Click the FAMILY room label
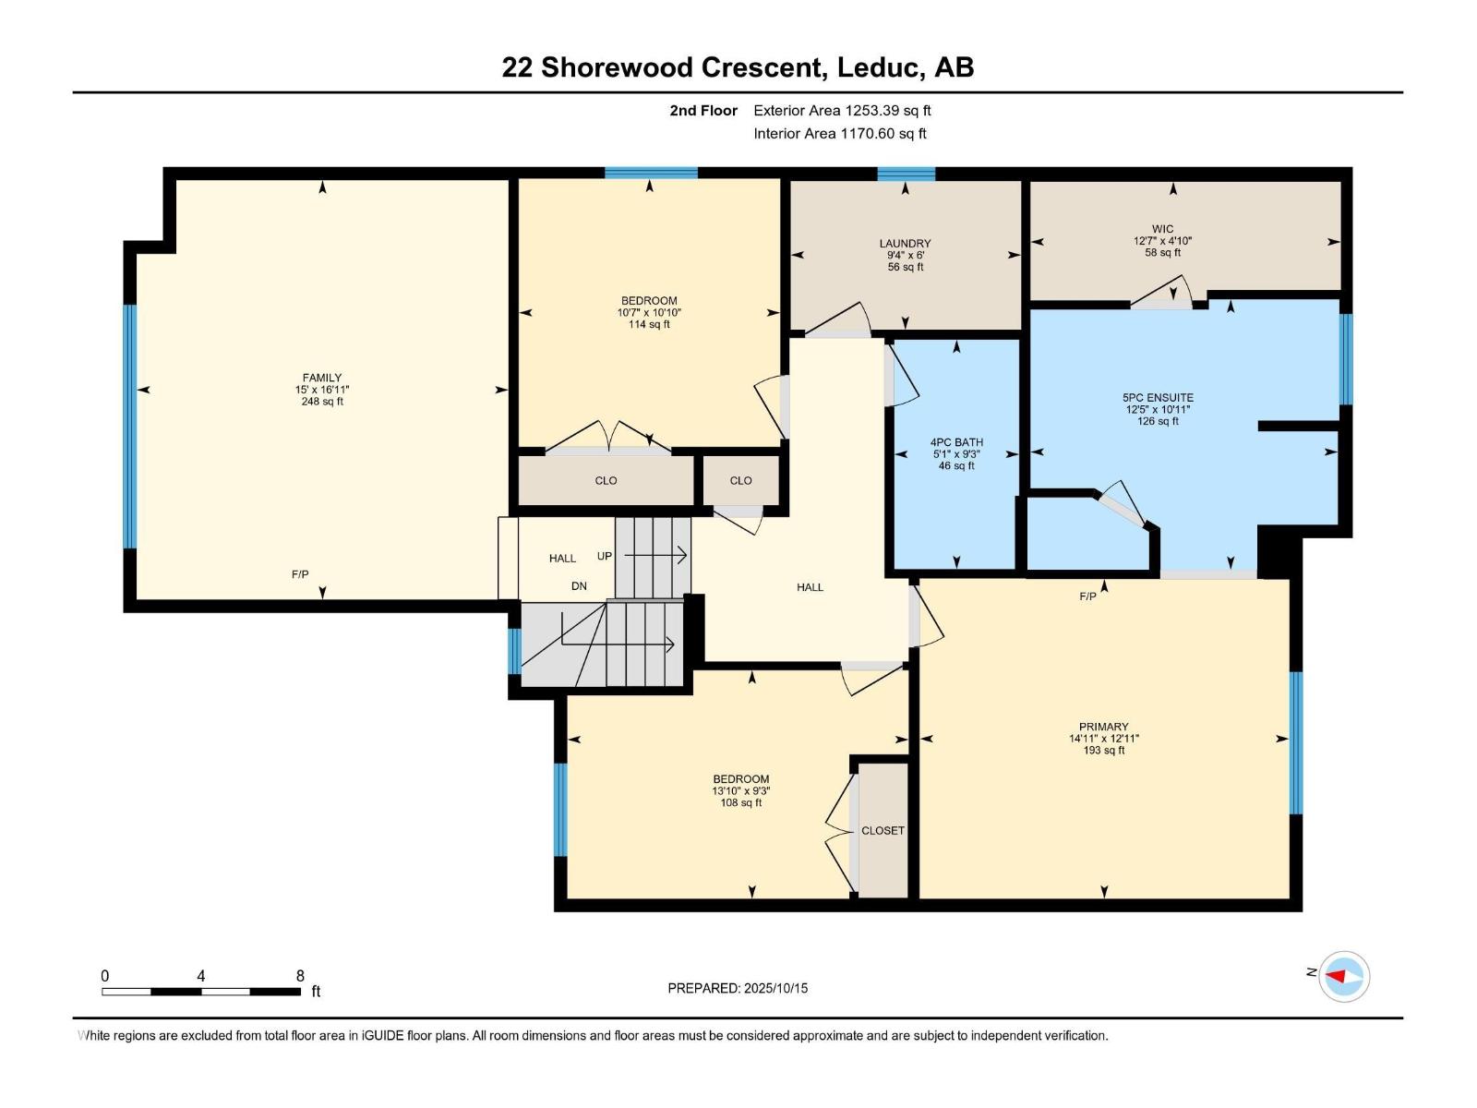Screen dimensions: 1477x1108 coord(321,378)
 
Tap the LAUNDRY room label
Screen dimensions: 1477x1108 coord(905,243)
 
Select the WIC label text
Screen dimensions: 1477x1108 coord(1162,229)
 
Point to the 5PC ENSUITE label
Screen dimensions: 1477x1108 coord(1158,398)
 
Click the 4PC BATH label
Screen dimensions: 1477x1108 coord(956,442)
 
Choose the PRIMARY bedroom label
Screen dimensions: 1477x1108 coord(1103,727)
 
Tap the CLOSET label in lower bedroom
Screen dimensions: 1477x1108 coord(883,831)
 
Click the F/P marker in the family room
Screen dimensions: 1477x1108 coord(300,574)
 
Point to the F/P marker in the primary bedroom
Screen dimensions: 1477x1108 coord(1087,596)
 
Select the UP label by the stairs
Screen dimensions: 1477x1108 coord(605,557)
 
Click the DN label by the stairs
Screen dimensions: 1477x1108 coord(579,586)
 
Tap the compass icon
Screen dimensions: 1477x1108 coord(1344,976)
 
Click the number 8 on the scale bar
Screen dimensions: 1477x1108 coord(300,975)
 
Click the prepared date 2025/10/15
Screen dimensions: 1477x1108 coord(775,988)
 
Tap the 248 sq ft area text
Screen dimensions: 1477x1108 coord(321,402)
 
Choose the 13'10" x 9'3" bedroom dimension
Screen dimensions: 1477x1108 coord(741,791)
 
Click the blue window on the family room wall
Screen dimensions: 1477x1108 coord(130,427)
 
